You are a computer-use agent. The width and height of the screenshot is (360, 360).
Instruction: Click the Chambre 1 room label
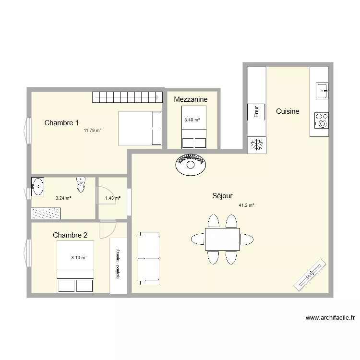click(61, 123)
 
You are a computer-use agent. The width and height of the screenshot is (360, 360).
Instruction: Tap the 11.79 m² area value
click(93, 131)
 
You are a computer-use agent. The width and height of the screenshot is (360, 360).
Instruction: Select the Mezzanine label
click(191, 99)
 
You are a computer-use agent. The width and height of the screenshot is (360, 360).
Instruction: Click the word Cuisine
click(288, 111)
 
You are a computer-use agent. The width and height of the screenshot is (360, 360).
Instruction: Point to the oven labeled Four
click(256, 112)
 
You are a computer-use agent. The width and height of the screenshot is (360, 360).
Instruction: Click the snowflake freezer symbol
click(257, 144)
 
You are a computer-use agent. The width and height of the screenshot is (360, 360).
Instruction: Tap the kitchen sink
click(322, 89)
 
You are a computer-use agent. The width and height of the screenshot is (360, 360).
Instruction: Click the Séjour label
click(223, 196)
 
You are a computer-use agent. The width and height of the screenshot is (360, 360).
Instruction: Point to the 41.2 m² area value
click(246, 205)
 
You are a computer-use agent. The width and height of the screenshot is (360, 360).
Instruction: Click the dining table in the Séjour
click(222, 239)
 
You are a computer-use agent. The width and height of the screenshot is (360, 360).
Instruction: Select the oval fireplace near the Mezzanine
click(191, 165)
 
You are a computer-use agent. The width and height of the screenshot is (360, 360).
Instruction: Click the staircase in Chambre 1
click(127, 97)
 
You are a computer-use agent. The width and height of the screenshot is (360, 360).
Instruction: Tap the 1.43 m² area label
click(112, 198)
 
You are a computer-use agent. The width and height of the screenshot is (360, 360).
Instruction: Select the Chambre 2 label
click(70, 235)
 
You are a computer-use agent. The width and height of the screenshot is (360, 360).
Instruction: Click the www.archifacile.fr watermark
click(330, 318)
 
